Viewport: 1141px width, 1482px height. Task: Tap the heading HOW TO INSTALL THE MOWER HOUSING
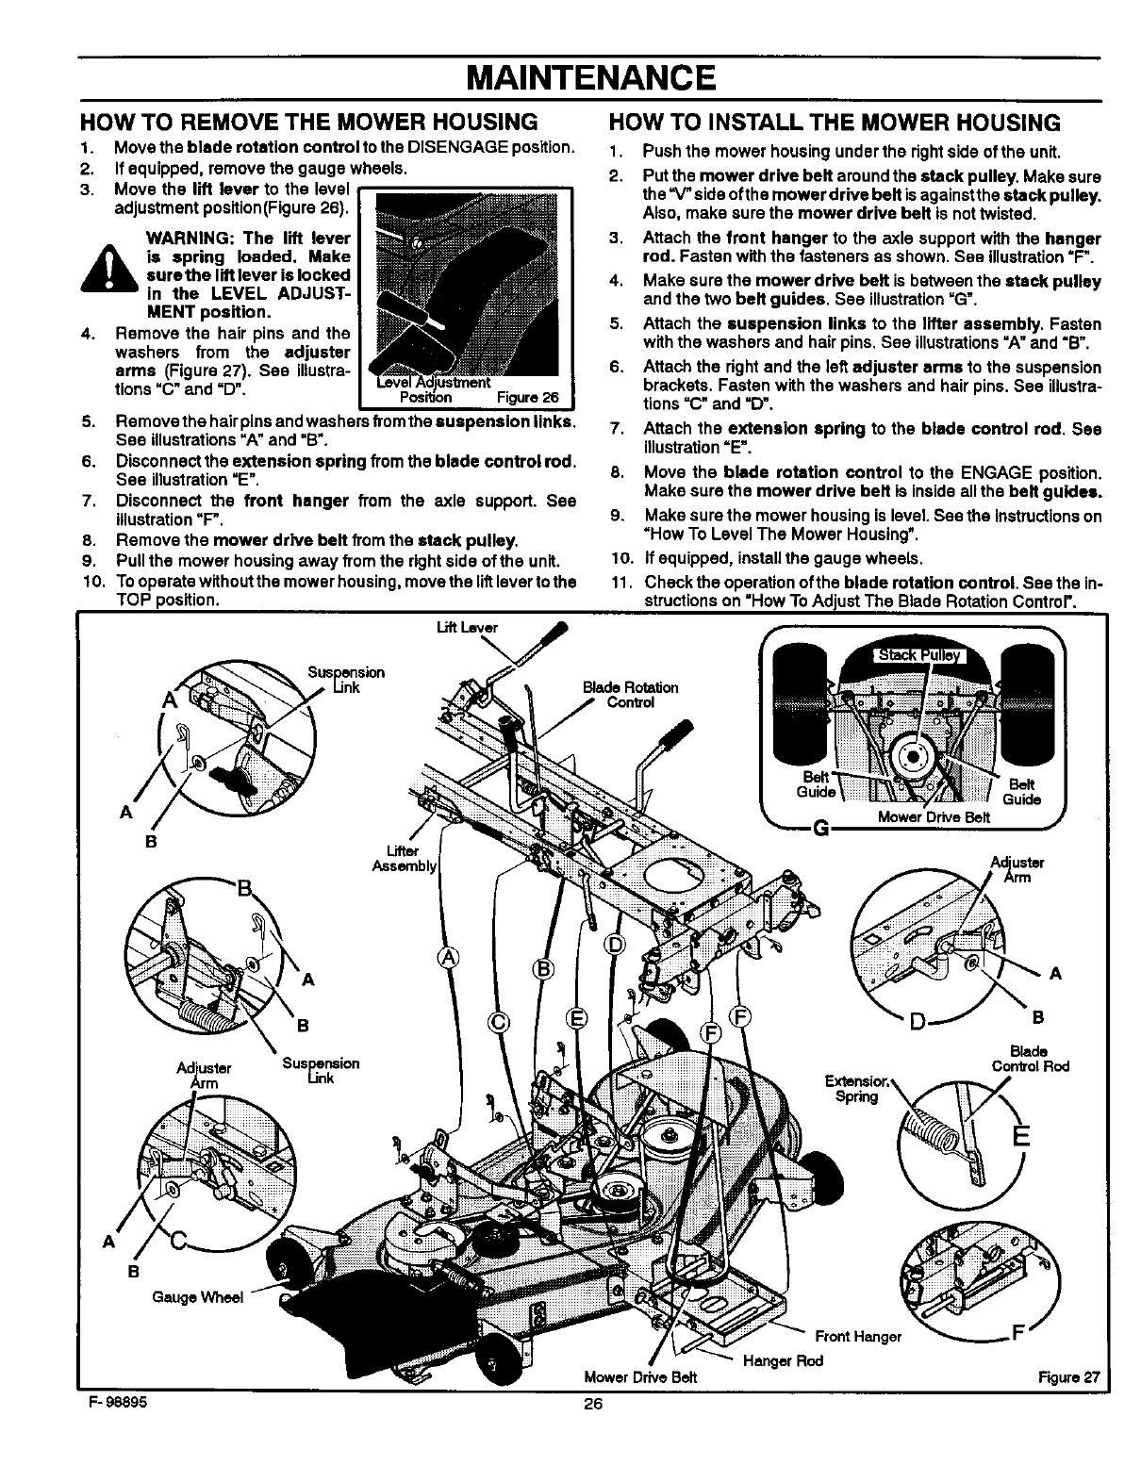(x=835, y=123)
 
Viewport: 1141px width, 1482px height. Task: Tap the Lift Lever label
(x=479, y=627)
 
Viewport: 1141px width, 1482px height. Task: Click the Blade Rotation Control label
(x=637, y=694)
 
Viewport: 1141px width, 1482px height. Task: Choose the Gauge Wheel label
(x=197, y=1297)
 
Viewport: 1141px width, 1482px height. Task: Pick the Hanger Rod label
(x=783, y=1360)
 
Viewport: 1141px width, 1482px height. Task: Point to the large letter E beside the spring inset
(x=1017, y=1135)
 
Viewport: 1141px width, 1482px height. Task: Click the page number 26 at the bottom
(x=592, y=1403)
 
